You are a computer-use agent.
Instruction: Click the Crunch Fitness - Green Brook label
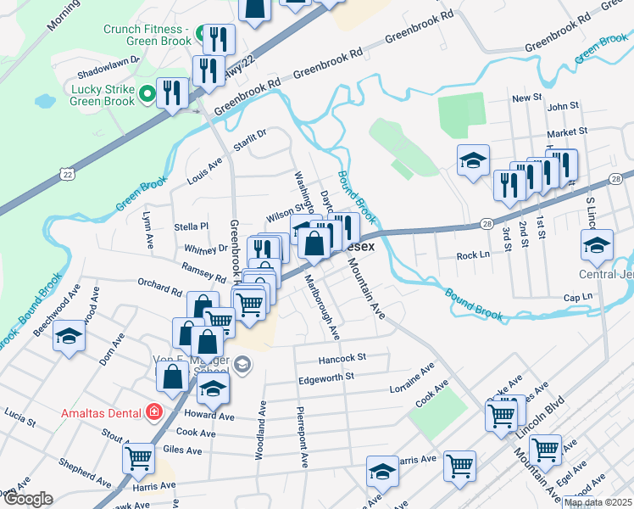pyautogui.click(x=147, y=35)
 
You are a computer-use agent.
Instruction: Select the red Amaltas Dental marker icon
pyautogui.click(x=153, y=412)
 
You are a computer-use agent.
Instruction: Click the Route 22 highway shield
pyautogui.click(x=67, y=173)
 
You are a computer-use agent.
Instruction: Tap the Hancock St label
pyautogui.click(x=342, y=358)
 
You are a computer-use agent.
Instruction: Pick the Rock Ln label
pyautogui.click(x=473, y=255)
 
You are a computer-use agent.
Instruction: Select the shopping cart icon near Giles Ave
pyautogui.click(x=138, y=458)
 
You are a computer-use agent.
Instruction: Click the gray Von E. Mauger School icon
pyautogui.click(x=242, y=365)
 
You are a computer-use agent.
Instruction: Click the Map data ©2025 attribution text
pyautogui.click(x=598, y=502)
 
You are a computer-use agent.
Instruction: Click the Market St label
pyautogui.click(x=567, y=132)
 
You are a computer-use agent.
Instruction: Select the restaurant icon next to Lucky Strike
pyautogui.click(x=173, y=92)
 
